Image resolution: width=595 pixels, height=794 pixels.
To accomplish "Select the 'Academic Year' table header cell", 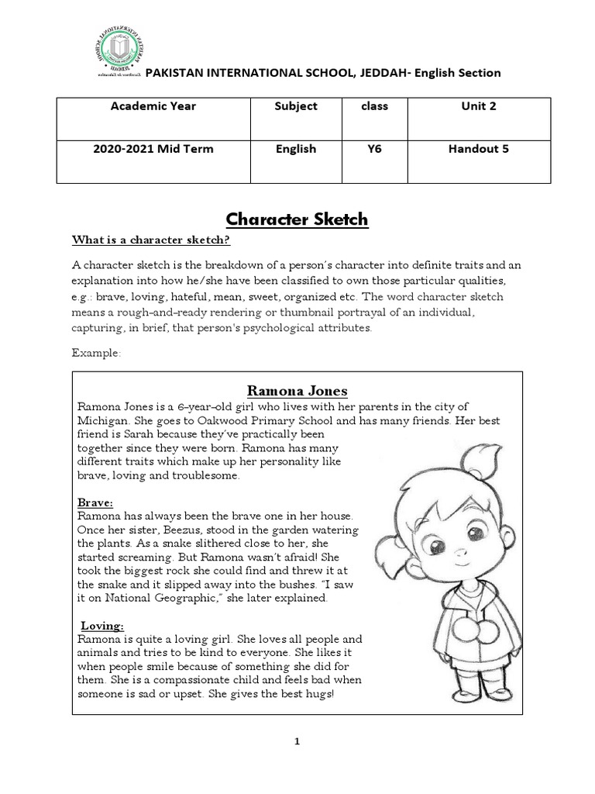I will (x=153, y=106).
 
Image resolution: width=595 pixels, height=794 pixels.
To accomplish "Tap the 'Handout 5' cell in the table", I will (x=478, y=149).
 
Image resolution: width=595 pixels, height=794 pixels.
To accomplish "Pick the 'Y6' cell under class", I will (x=373, y=149).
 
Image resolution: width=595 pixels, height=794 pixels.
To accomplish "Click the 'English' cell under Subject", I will (x=296, y=149).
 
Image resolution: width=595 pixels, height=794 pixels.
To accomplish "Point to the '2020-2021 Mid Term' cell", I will (x=153, y=149).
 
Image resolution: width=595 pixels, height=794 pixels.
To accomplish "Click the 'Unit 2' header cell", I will (x=478, y=106).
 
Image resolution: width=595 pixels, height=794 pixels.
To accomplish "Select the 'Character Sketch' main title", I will (x=297, y=220).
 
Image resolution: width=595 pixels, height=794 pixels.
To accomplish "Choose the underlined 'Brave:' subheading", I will (x=95, y=502).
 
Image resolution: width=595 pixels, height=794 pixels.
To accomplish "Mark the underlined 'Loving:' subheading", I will (x=102, y=626).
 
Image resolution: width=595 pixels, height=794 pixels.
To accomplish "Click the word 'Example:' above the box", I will (x=96, y=353).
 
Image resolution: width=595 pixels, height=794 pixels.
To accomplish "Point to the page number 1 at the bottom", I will (x=297, y=741).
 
